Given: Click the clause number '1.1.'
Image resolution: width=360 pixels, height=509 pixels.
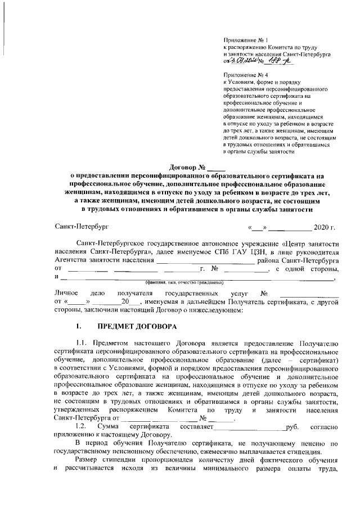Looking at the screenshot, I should coord(82,344).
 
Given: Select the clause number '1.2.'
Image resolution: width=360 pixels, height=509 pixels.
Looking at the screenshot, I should coord(82,426).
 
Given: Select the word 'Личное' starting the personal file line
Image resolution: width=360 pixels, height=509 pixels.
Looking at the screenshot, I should coord(66,294).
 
